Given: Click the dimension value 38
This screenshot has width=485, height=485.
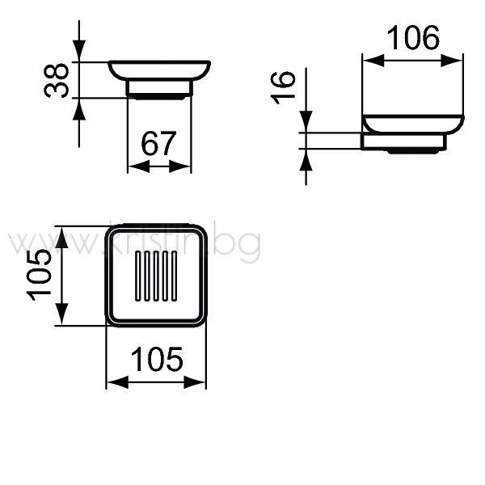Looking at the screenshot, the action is point(56,80).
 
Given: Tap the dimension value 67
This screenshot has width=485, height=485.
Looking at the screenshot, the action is point(158,144).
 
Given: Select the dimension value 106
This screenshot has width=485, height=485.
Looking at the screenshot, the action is point(413,38).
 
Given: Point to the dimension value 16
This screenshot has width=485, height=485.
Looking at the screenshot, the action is point(283,87).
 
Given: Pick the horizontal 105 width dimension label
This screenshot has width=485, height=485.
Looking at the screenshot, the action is point(157,359).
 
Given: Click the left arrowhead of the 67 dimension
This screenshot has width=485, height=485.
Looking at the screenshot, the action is point(138,167).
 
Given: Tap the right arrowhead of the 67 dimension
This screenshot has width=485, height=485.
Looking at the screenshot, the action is point(180,167).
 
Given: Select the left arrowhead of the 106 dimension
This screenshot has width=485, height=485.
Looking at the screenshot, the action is point(373,61).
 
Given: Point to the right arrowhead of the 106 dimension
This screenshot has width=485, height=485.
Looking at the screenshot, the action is point(452,61).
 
